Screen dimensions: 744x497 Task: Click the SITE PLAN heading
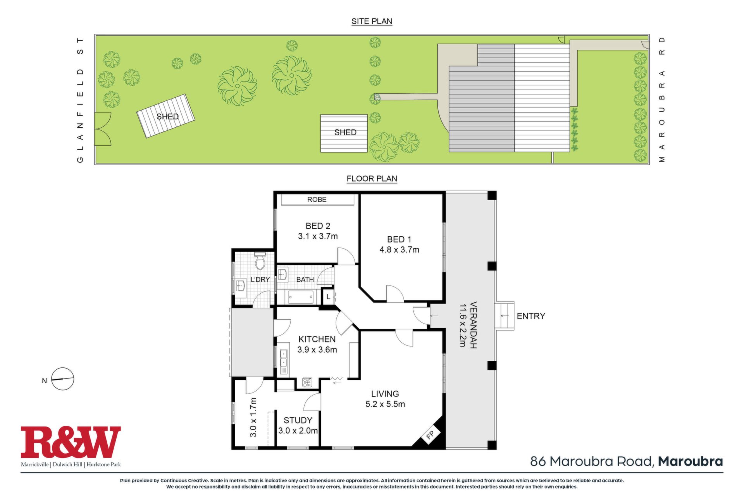click(372, 21)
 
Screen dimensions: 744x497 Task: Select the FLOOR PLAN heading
click(372, 178)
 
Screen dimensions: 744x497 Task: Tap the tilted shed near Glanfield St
click(165, 116)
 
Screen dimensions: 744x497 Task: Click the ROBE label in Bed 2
click(317, 199)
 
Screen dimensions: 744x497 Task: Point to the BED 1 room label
click(399, 239)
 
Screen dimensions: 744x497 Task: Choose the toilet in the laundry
click(260, 261)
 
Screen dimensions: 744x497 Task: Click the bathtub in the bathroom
click(301, 298)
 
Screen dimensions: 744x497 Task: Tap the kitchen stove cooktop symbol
click(307, 383)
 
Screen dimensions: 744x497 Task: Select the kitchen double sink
click(284, 358)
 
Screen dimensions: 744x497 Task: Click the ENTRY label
click(531, 316)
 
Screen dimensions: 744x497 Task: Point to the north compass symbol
click(62, 379)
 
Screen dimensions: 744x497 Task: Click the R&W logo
click(71, 442)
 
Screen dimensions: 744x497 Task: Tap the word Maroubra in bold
click(691, 461)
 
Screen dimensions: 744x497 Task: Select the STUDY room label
click(298, 420)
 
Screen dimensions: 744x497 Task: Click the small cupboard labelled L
click(328, 297)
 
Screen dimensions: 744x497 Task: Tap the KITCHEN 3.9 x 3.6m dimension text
click(317, 350)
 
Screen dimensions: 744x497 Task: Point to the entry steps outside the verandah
click(505, 316)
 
